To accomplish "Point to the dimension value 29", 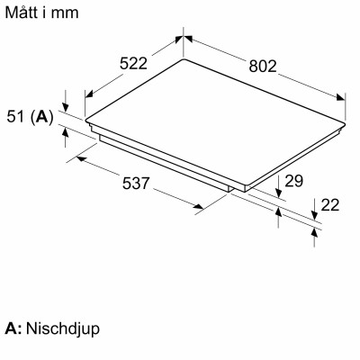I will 293,182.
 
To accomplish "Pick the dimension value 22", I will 329,205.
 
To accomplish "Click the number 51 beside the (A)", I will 15,116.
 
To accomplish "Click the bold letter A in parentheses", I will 42,116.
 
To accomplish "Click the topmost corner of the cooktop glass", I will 184,60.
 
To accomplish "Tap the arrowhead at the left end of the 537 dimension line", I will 79,157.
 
